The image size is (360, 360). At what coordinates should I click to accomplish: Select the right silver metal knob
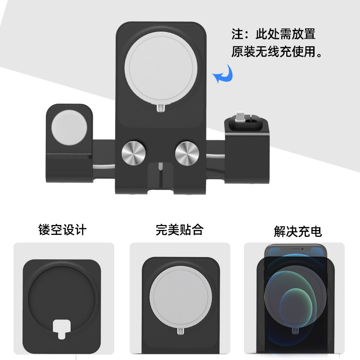(x=188, y=153)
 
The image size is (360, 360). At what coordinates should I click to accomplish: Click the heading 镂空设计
(x=63, y=230)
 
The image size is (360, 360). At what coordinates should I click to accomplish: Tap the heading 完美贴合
(x=180, y=230)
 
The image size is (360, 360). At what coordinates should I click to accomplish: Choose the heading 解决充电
(x=297, y=231)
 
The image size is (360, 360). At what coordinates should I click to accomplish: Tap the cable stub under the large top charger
(x=160, y=108)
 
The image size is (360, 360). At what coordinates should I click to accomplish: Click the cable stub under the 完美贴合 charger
(x=180, y=333)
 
